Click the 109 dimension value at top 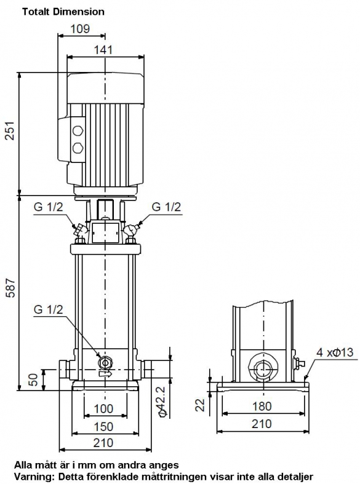(x=80, y=29)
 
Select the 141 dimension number (x=103, y=50)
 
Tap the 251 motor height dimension (x=10, y=130)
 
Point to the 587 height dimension (x=11, y=288)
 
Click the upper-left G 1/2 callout (x=48, y=207)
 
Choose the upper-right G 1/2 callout (x=166, y=207)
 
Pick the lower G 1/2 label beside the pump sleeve (x=48, y=309)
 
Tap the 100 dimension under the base (x=103, y=409)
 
